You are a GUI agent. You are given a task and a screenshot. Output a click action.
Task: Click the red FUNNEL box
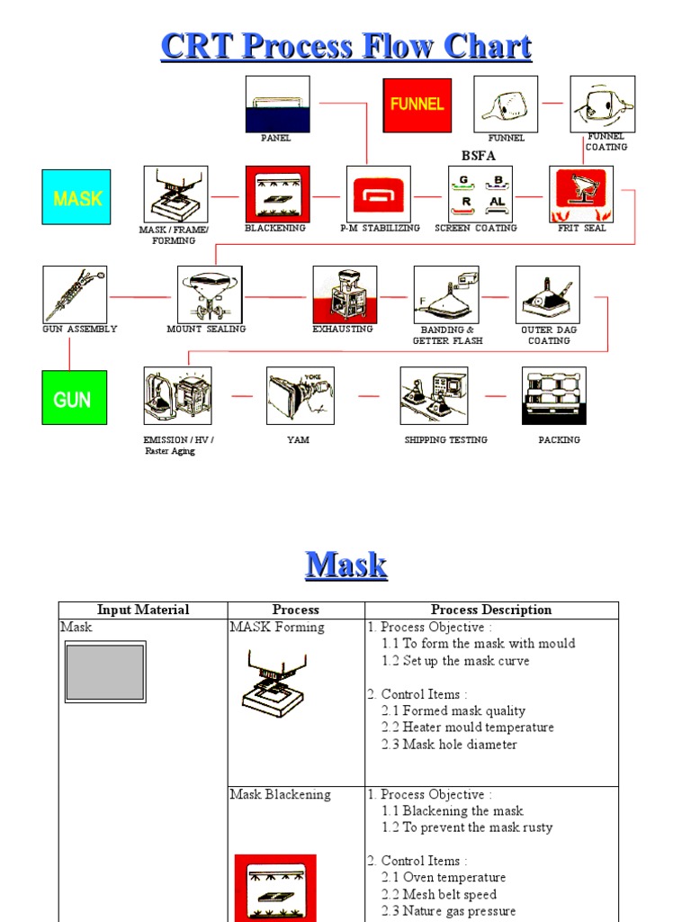pyautogui.click(x=417, y=104)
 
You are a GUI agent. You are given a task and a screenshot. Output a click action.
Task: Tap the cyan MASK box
pyautogui.click(x=76, y=197)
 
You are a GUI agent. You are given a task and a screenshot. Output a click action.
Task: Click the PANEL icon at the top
pyautogui.click(x=277, y=104)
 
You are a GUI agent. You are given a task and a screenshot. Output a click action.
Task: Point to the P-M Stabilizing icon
pyautogui.click(x=379, y=194)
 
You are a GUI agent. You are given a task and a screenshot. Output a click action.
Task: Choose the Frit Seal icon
pyautogui.click(x=581, y=194)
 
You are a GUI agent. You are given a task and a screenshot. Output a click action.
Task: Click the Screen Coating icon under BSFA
pyautogui.click(x=480, y=194)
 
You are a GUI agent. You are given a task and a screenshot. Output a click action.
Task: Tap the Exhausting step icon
pyautogui.click(x=345, y=294)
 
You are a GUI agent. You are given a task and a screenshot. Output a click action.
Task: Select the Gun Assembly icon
pyautogui.click(x=75, y=294)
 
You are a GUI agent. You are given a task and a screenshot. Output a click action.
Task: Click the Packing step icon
pyautogui.click(x=554, y=395)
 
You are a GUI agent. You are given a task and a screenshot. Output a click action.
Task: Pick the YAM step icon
pyautogui.click(x=301, y=395)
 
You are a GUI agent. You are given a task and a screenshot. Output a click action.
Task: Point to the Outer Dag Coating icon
pyautogui.click(x=548, y=294)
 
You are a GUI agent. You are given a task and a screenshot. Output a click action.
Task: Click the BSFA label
pyautogui.click(x=479, y=156)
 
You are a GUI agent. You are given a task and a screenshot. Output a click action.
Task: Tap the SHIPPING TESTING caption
pyautogui.click(x=446, y=440)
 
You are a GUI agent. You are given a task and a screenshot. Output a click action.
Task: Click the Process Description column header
pyautogui.click(x=491, y=610)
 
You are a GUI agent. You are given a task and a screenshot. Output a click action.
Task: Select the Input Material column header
pyautogui.click(x=143, y=610)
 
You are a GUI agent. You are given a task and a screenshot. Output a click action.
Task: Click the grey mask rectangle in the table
pyautogui.click(x=105, y=672)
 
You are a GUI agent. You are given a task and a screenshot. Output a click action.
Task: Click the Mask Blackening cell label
pyautogui.click(x=281, y=795)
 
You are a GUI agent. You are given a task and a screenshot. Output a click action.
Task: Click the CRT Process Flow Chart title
pyautogui.click(x=346, y=47)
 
